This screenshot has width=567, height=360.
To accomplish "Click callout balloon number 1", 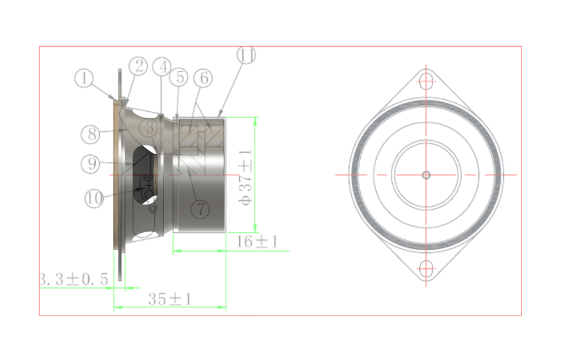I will click(84, 79).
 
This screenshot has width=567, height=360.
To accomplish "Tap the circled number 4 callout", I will click(162, 66).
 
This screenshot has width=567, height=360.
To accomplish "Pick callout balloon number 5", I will click(179, 77).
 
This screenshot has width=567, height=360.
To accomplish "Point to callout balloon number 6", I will click(202, 77).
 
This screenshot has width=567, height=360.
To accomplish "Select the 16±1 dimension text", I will click(257, 241).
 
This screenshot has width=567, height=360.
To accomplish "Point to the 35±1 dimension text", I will click(170, 299).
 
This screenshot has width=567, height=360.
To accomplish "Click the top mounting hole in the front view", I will click(426, 80).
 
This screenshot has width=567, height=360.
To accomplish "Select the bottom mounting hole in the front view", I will click(426, 269).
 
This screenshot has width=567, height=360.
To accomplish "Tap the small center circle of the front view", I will click(426, 174).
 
